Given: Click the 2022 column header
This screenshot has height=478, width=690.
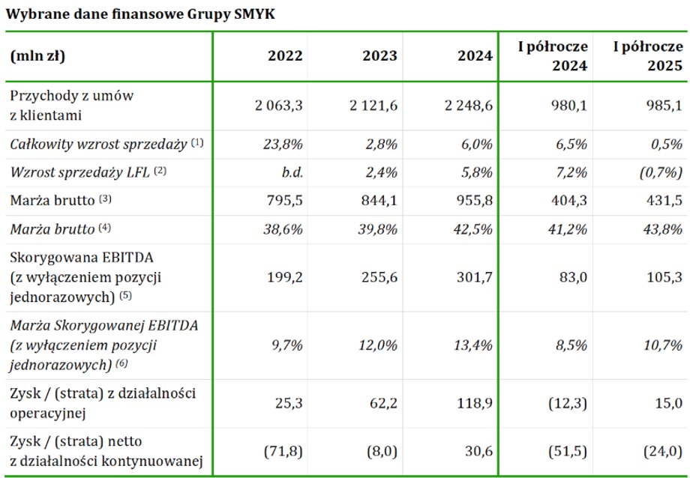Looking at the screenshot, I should pos(285,55).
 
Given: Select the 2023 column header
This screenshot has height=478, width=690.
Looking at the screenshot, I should pos(380,55).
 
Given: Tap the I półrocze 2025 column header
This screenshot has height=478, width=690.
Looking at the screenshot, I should pos(648,56).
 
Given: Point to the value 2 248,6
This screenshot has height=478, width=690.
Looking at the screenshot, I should pos(468,106).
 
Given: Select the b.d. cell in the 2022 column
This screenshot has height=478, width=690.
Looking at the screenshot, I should pos(289,172).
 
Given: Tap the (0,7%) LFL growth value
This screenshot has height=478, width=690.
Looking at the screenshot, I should pos(660,172).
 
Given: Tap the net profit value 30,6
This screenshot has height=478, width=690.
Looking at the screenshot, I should pos(478,453).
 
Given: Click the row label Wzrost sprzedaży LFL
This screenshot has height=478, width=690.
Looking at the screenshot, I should pos(80,172).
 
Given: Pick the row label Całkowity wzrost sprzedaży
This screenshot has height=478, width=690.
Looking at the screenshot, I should pos(98,145).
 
